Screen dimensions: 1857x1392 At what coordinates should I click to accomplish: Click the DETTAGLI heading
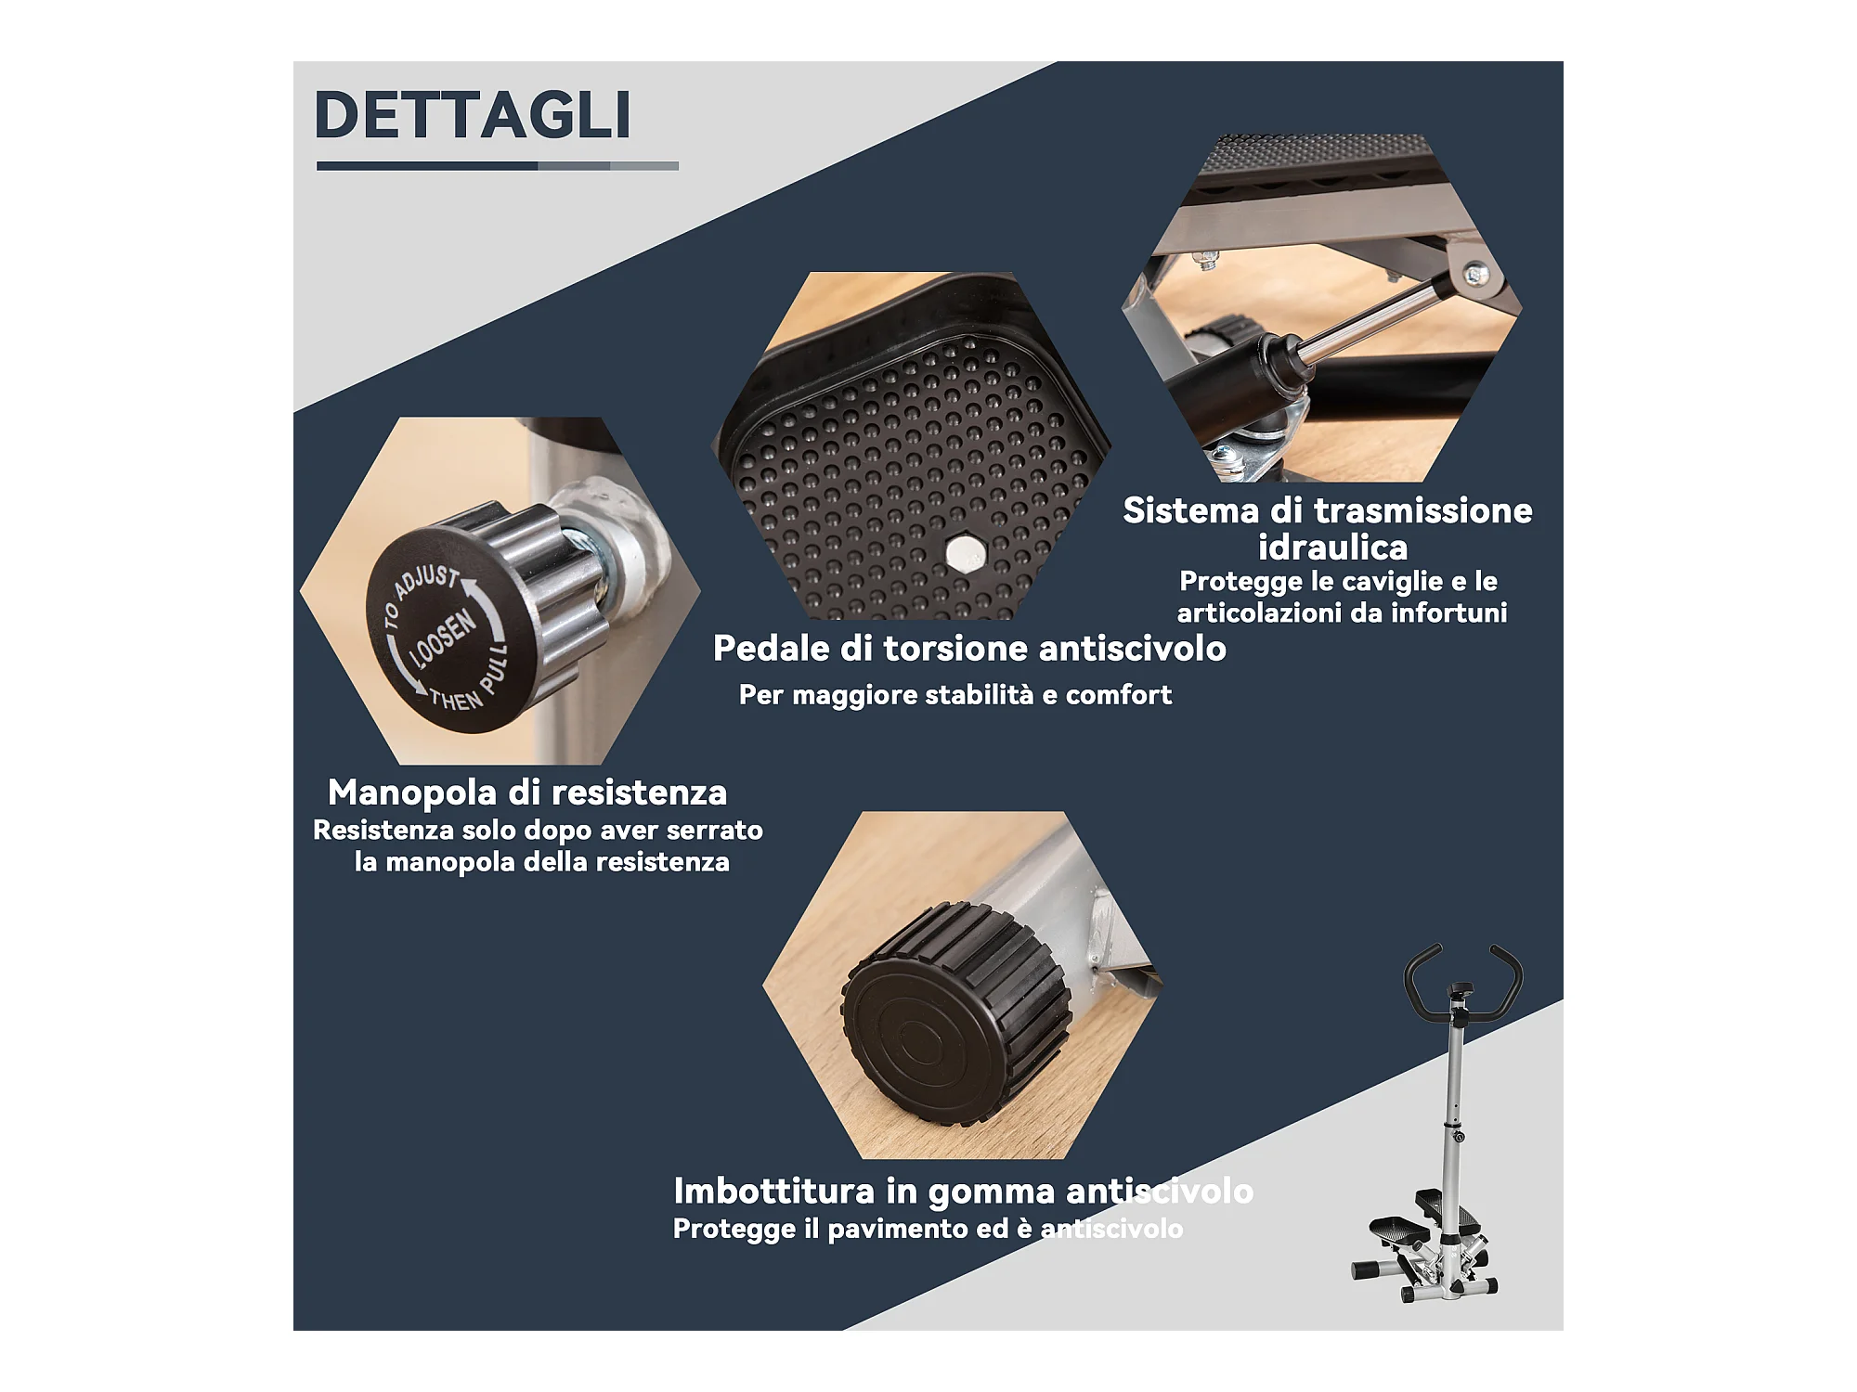[x=473, y=115]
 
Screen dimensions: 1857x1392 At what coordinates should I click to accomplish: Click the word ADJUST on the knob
[x=426, y=582]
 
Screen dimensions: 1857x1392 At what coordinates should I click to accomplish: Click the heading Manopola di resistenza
[x=527, y=793]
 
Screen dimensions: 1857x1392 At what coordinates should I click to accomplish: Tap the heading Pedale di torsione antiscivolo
[x=969, y=649]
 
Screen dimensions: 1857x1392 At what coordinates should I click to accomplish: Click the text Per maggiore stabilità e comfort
[x=955, y=695]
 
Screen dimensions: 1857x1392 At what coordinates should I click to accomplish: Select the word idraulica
[x=1332, y=548]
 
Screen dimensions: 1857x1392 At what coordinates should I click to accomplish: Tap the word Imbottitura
[x=774, y=1191]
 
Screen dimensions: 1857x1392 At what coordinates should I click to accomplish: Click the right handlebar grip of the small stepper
[x=1509, y=979]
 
